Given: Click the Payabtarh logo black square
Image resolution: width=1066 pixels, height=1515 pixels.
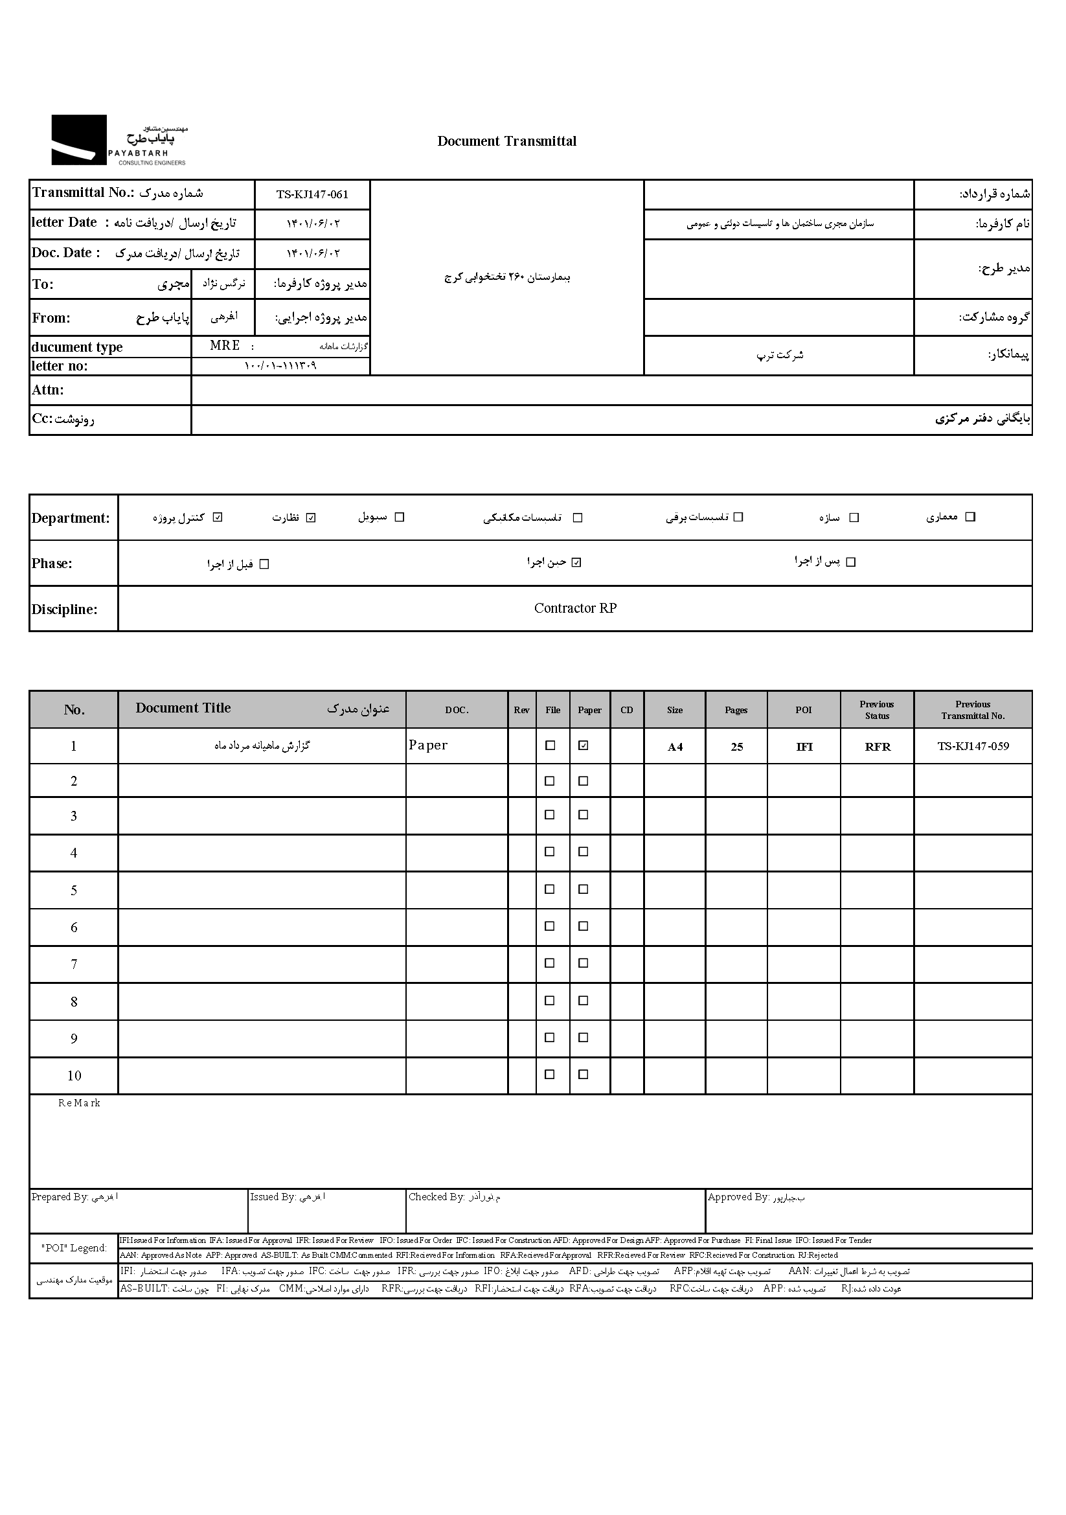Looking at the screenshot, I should (x=78, y=140).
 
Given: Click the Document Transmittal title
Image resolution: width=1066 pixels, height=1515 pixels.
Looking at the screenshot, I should (x=506, y=141).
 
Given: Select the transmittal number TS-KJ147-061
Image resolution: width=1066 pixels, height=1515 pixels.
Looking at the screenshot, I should (x=312, y=195).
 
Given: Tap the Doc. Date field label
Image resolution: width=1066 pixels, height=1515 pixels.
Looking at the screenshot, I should (x=65, y=253).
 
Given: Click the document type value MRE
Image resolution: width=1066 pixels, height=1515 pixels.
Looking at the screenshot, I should (x=224, y=346).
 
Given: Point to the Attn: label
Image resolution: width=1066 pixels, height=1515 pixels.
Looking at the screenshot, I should (x=48, y=390).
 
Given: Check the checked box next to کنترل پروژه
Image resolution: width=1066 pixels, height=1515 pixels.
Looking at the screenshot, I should (x=218, y=518).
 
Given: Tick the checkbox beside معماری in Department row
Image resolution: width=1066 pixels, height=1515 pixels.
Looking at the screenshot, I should (x=970, y=517).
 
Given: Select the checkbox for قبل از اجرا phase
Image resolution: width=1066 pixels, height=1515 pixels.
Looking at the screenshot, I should (x=264, y=564).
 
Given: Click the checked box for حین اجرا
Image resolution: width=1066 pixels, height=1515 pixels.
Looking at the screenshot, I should (x=576, y=562).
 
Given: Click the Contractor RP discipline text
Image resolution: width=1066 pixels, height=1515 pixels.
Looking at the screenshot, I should (x=575, y=608).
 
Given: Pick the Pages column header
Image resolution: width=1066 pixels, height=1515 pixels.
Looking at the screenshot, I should (x=736, y=710).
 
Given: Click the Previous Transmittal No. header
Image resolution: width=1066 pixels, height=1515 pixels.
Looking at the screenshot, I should (x=973, y=710).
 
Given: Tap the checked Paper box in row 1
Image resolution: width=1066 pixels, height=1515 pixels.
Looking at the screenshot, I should (x=583, y=746).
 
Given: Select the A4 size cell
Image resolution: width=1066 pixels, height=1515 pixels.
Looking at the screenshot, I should (x=675, y=747).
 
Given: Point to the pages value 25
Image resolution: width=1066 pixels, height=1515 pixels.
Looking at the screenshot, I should (x=737, y=747).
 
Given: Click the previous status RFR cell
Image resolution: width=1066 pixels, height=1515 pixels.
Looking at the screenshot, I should (x=878, y=747).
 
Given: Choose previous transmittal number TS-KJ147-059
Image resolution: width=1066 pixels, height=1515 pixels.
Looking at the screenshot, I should (x=973, y=747).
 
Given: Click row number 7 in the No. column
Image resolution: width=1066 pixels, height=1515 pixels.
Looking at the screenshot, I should (x=74, y=964).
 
